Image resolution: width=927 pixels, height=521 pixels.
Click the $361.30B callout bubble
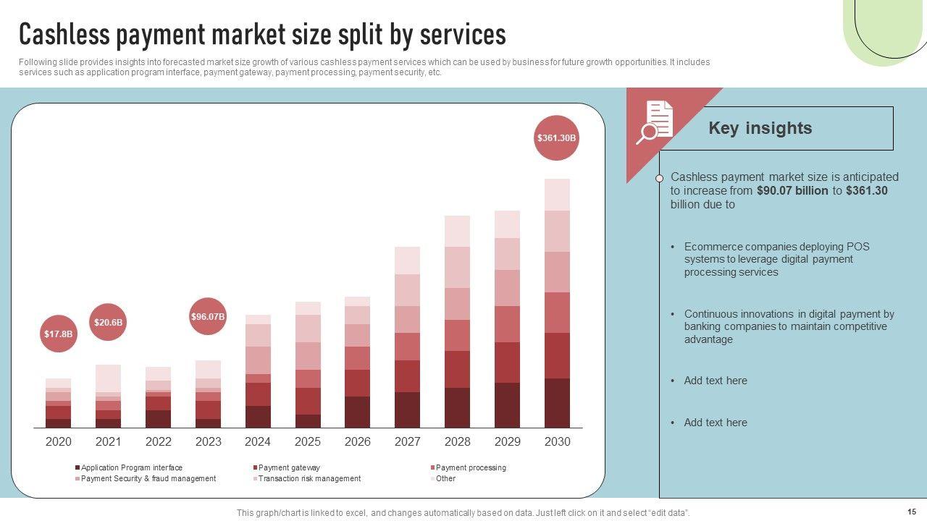(556, 137)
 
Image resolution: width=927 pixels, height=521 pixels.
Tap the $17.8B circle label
(58, 334)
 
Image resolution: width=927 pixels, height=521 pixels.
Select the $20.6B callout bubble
(108, 322)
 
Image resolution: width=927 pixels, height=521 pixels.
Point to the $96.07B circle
(208, 316)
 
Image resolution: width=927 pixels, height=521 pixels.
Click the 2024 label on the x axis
(258, 441)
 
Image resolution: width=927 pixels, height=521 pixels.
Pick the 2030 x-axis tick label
(557, 441)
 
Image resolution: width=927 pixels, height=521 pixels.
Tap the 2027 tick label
(408, 441)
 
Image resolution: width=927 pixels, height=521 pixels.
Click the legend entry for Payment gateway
(288, 467)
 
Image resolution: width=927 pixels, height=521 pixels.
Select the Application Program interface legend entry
(131, 467)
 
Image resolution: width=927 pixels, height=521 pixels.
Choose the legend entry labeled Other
(445, 478)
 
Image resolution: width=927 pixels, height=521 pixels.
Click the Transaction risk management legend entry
(309, 478)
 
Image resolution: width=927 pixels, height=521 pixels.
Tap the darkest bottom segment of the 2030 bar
(557, 402)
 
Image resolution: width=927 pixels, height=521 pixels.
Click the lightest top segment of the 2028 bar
(457, 231)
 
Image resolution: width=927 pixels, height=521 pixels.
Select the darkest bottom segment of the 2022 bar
(158, 418)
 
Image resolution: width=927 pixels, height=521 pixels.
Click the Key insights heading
(760, 128)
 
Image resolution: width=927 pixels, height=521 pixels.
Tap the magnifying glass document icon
(655, 122)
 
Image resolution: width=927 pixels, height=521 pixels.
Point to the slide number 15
(912, 511)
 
